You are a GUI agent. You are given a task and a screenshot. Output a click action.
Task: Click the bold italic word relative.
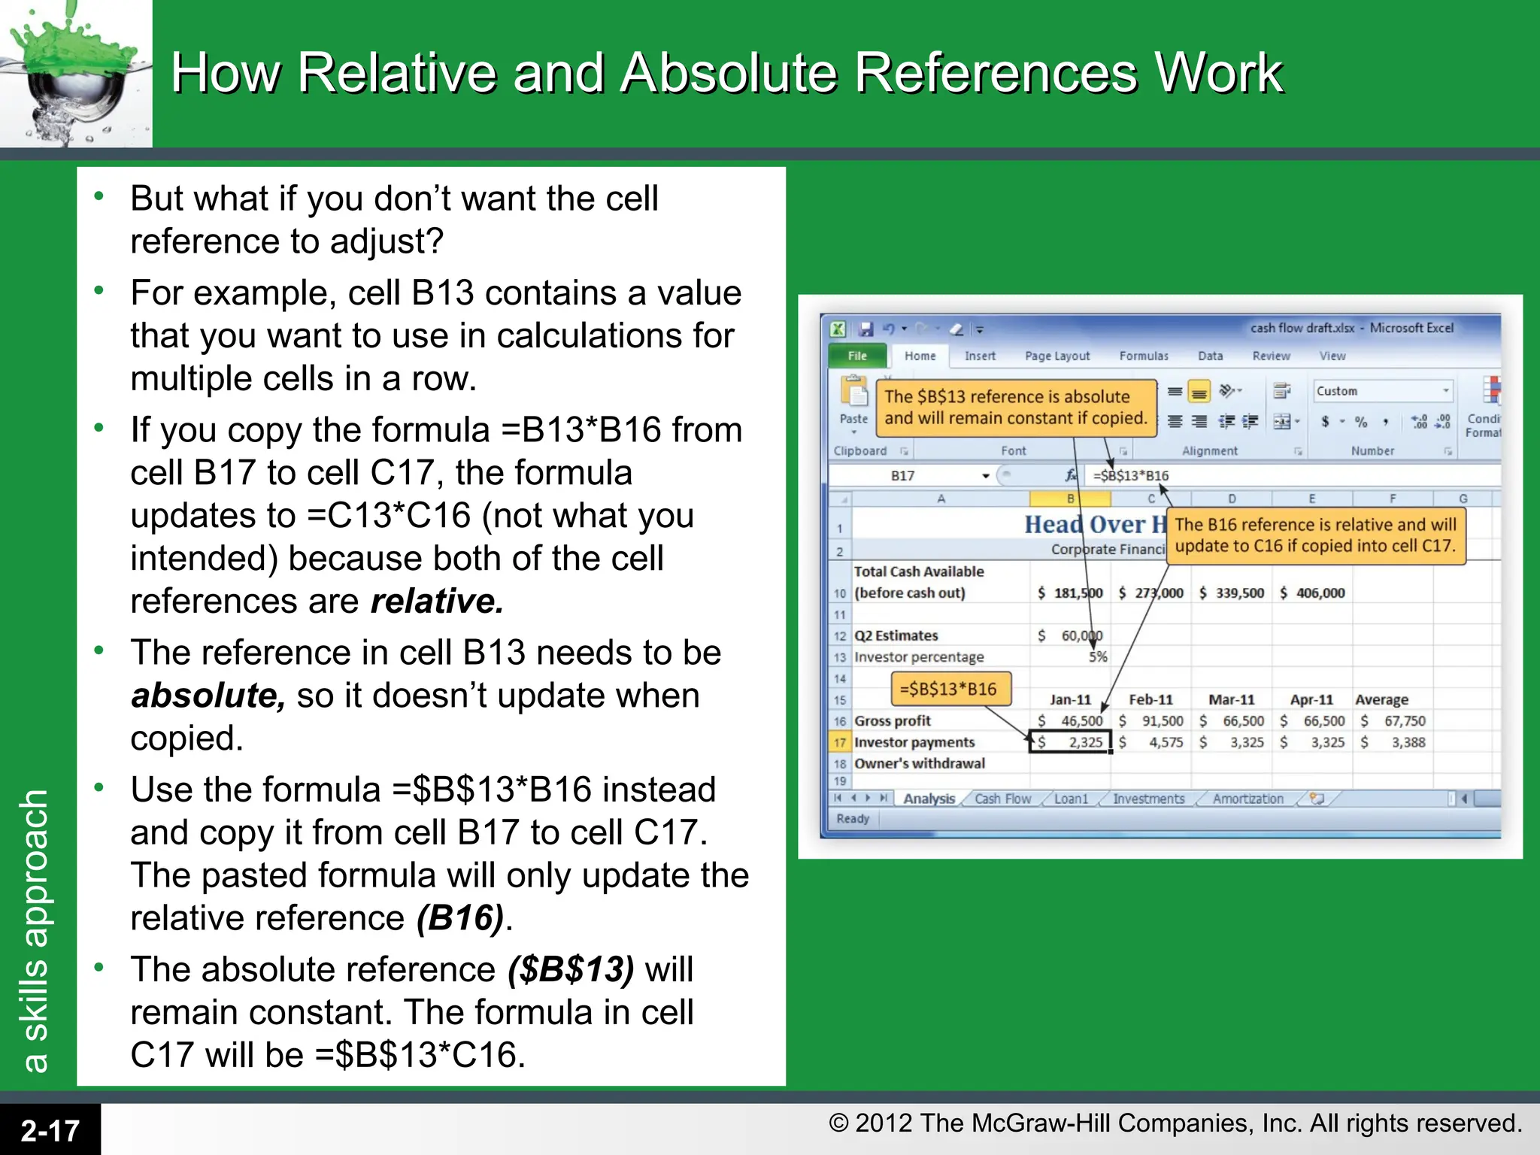(x=437, y=602)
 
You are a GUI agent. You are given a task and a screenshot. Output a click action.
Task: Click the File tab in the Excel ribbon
(x=857, y=356)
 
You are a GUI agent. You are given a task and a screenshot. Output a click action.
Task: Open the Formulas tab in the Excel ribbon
(x=1143, y=356)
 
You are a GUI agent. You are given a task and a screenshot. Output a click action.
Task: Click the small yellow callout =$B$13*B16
(x=949, y=689)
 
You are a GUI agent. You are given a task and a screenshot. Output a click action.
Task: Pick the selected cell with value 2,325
(x=1071, y=743)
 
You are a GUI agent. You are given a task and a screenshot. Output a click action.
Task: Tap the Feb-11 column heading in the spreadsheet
(x=1150, y=700)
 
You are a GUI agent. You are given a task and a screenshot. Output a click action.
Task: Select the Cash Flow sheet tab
(x=1002, y=799)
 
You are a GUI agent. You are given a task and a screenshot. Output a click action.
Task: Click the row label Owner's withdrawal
(x=919, y=764)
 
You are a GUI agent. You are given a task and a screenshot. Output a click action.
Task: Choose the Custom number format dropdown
(x=1382, y=391)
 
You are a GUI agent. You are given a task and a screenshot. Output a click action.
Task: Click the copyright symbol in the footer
(x=838, y=1123)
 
